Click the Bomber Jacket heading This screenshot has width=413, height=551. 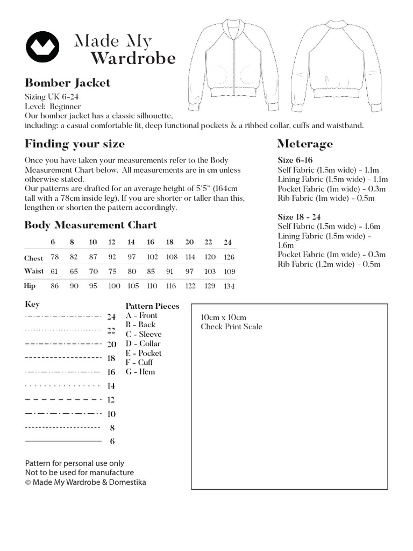click(67, 83)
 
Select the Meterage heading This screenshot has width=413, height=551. click(304, 144)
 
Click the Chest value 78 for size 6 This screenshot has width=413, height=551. click(54, 258)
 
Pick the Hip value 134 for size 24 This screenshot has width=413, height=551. click(229, 286)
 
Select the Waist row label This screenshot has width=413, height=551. click(34, 272)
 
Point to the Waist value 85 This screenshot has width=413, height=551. click(151, 272)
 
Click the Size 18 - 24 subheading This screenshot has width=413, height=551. click(299, 217)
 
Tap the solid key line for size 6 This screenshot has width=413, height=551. click(63, 441)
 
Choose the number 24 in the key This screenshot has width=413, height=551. click(111, 316)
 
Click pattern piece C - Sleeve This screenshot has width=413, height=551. click(143, 334)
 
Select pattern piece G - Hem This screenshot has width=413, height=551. click(140, 372)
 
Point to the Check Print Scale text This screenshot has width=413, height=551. click(231, 327)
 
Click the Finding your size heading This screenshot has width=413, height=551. click(75, 144)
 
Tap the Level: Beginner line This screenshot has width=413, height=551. click(53, 107)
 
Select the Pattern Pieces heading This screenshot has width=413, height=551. click(152, 306)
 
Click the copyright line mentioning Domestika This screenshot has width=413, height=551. click(86, 482)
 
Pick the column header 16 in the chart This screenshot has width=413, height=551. click(151, 242)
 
